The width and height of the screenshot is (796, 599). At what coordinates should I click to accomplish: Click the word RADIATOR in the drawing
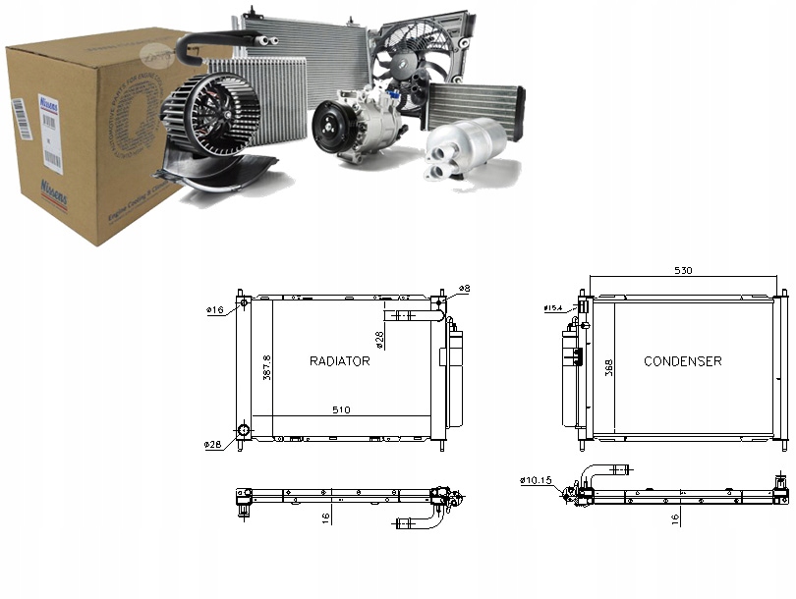pos(339,361)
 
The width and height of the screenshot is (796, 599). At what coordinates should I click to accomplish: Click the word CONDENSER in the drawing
pos(682,361)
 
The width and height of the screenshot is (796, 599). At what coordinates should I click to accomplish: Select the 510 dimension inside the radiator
pos(341,409)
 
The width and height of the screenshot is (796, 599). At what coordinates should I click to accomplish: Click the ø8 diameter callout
pos(465,289)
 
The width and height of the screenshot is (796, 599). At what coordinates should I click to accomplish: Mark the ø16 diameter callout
pos(215,310)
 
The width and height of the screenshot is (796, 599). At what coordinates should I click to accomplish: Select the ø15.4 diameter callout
pos(554,308)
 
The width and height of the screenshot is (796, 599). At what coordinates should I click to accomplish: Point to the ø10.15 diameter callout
pos(538,480)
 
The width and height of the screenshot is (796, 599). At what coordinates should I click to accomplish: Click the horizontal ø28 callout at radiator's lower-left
pos(213,445)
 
